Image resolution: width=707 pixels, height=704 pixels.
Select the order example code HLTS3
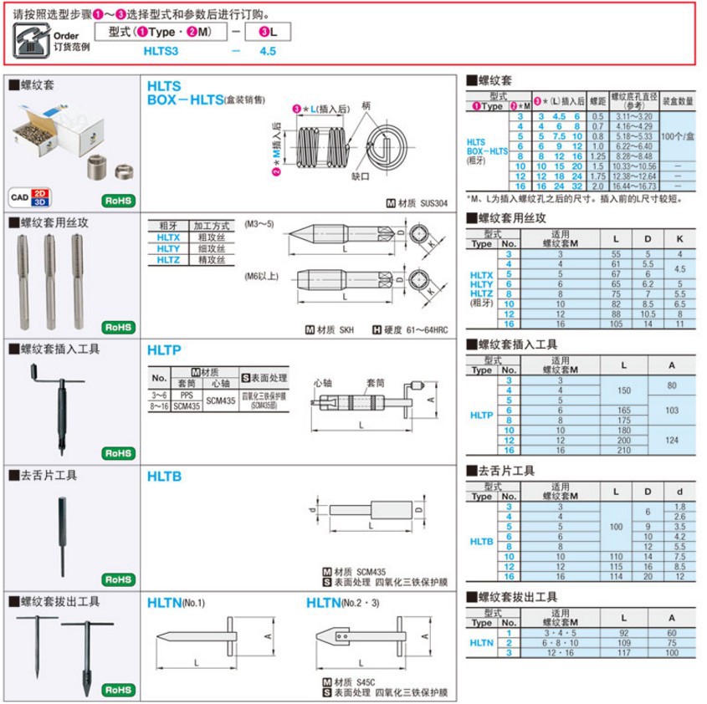tap(161, 51)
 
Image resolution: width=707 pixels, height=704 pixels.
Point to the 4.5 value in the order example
tap(268, 51)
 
